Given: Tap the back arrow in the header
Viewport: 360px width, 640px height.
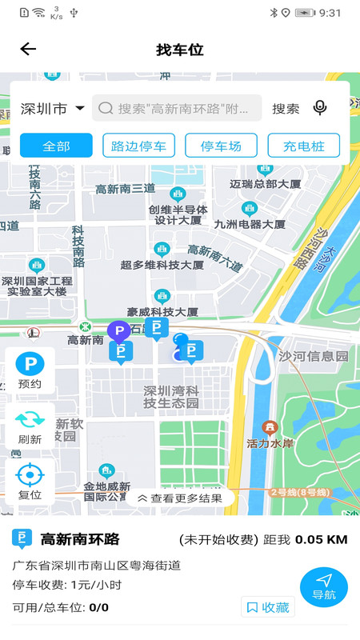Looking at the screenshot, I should tap(28, 50).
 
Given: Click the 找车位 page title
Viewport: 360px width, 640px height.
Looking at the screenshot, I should tap(180, 50).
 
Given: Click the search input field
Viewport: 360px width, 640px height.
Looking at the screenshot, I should tap(178, 108).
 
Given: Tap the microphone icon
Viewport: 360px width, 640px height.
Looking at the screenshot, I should tap(320, 108).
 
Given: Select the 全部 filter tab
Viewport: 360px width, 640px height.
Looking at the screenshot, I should tap(57, 146).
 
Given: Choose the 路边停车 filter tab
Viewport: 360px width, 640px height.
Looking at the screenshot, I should tap(139, 146).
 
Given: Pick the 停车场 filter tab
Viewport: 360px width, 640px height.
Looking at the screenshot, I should tap(221, 146).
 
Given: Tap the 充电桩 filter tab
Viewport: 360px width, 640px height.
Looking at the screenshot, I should tap(303, 146).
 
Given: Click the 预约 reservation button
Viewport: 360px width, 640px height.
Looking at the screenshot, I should tap(30, 371).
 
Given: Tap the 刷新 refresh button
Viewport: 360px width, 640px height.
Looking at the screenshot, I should tap(30, 426).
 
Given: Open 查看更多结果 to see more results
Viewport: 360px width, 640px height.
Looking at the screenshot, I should tap(180, 498).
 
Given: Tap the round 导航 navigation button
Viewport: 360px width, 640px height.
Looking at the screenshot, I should tap(323, 586).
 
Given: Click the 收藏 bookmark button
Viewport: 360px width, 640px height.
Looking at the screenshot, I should tap(268, 607).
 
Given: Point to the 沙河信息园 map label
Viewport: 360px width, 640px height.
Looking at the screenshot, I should tap(314, 356).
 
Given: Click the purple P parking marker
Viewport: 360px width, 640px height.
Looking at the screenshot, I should tap(118, 331).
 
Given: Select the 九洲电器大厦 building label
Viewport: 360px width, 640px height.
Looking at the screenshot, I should tap(250, 224).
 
